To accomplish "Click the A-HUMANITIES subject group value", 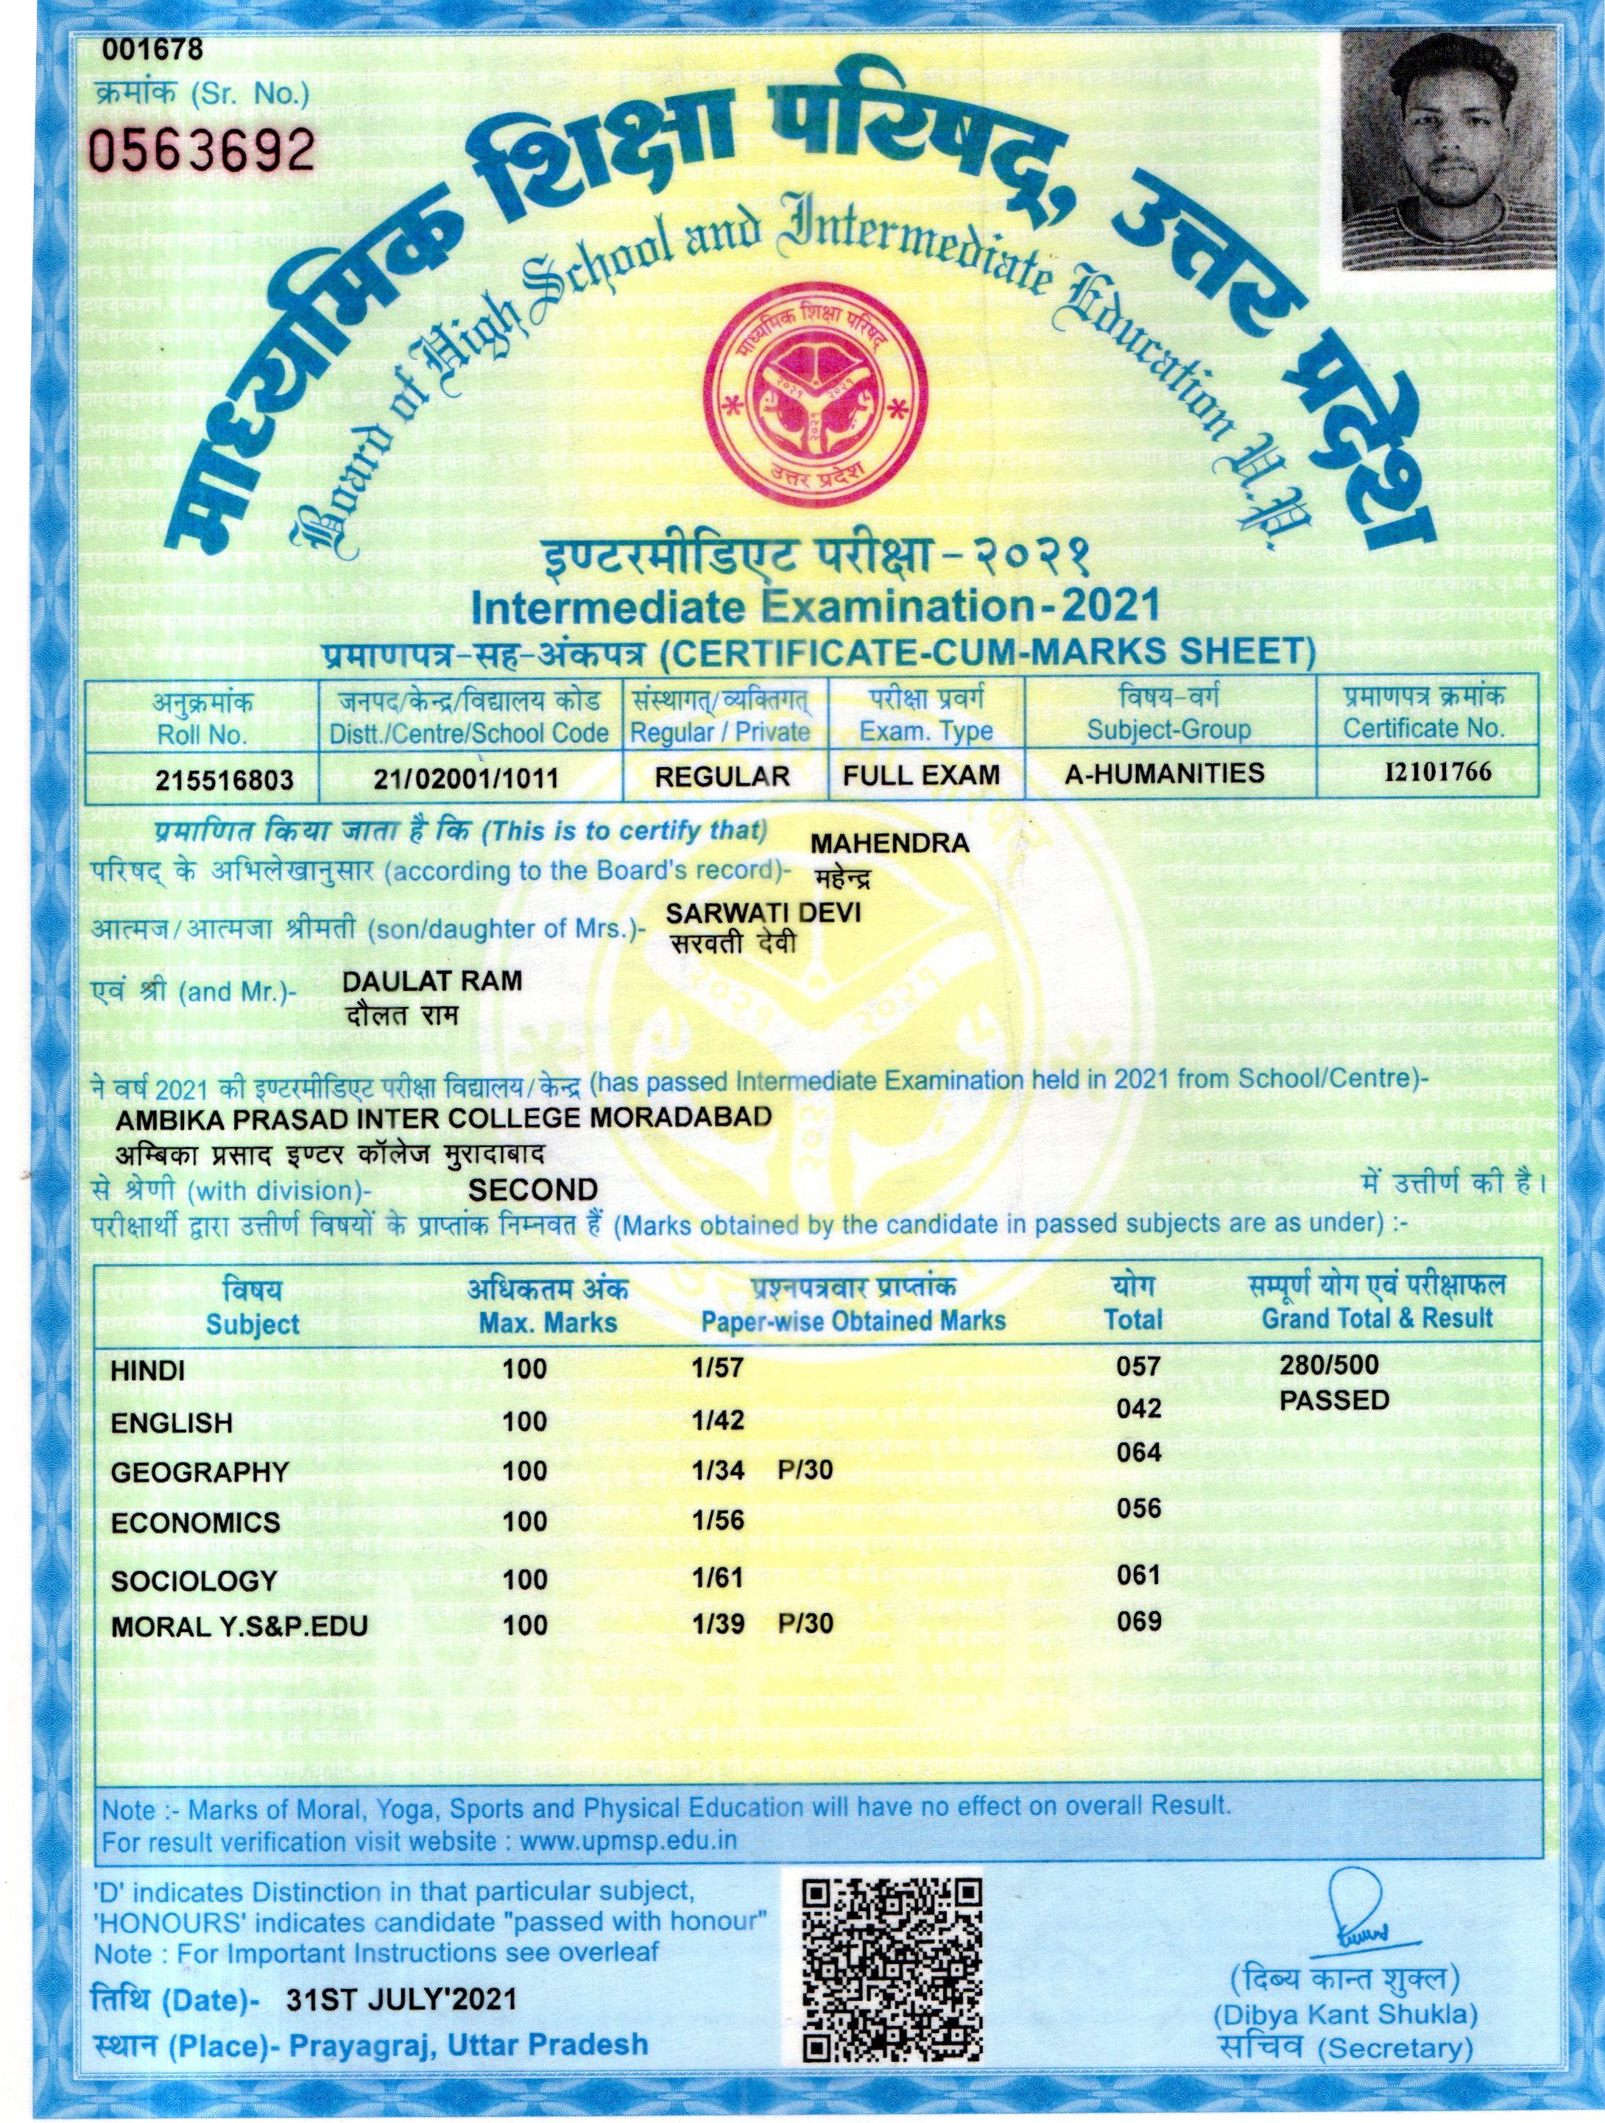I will (1165, 774).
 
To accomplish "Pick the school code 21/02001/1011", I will (467, 777).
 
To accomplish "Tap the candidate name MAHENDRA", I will (890, 844).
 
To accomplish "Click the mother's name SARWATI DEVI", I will (763, 912).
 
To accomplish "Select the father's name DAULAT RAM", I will (432, 981).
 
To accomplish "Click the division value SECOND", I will (533, 1190).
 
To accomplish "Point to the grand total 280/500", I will (1328, 1365).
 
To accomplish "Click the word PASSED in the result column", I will (1334, 1400).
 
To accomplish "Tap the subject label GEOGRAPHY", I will (200, 1472).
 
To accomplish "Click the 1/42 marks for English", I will (718, 1421).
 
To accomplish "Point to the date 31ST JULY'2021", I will (401, 2000).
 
